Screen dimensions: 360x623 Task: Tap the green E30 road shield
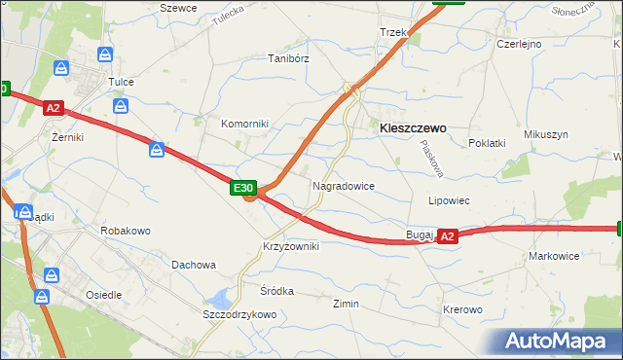243,188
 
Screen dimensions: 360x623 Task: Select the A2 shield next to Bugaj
447,236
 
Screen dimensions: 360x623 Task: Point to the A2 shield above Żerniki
54,110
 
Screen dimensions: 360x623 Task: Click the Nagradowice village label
344,185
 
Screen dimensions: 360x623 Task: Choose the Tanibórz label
288,58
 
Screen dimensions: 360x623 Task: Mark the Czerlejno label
519,44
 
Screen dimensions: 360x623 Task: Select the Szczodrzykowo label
239,314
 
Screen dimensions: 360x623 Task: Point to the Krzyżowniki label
290,247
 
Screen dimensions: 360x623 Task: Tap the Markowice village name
554,256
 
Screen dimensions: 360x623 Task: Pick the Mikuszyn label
545,134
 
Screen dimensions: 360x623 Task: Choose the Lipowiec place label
449,200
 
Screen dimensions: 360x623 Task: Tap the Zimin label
346,304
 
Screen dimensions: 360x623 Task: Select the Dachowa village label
193,264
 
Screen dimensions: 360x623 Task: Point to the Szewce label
178,8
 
